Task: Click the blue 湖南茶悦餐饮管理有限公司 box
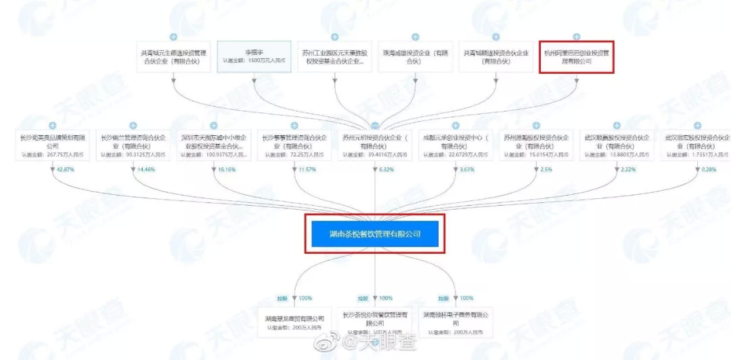375,233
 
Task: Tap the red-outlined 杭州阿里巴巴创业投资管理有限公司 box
576,56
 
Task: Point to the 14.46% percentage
144,169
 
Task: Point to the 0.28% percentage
709,169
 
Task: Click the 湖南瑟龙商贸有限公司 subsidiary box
294,322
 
